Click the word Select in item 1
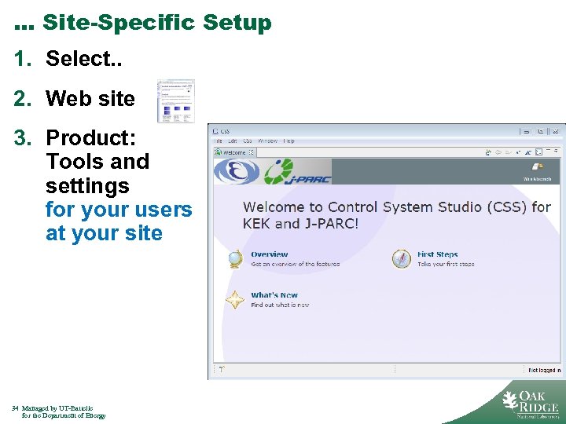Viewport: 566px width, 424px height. (x=75, y=59)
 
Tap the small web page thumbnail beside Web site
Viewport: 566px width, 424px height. (x=175, y=101)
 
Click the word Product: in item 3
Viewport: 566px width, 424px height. (x=90, y=138)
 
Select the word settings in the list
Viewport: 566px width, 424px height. (x=87, y=186)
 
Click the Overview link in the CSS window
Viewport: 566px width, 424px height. (x=269, y=254)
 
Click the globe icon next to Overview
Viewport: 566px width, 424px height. (x=235, y=259)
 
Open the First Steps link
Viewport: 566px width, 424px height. (x=437, y=254)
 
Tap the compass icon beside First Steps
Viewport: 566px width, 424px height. (x=402, y=259)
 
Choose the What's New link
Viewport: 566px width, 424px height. (x=274, y=295)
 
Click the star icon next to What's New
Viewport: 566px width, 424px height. (x=235, y=300)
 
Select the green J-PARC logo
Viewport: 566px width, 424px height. (x=297, y=171)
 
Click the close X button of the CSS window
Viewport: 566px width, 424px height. (x=557, y=131)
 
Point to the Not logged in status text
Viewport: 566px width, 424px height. (x=544, y=370)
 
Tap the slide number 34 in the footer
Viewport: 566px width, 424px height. (x=15, y=408)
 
